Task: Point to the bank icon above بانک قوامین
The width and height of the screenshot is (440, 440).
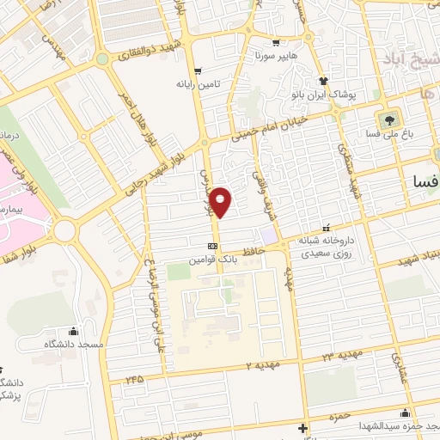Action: click(212, 245)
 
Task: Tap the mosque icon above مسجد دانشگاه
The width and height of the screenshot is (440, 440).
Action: click(73, 332)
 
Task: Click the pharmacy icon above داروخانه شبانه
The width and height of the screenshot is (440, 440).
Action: click(326, 229)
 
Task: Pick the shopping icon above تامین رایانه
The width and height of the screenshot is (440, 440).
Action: click(199, 71)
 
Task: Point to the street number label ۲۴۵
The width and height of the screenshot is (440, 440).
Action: click(133, 378)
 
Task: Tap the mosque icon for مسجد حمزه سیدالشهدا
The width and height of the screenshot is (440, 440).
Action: click(302, 428)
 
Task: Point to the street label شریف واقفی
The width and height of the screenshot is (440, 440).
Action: click(259, 180)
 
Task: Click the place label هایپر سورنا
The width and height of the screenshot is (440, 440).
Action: click(270, 55)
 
